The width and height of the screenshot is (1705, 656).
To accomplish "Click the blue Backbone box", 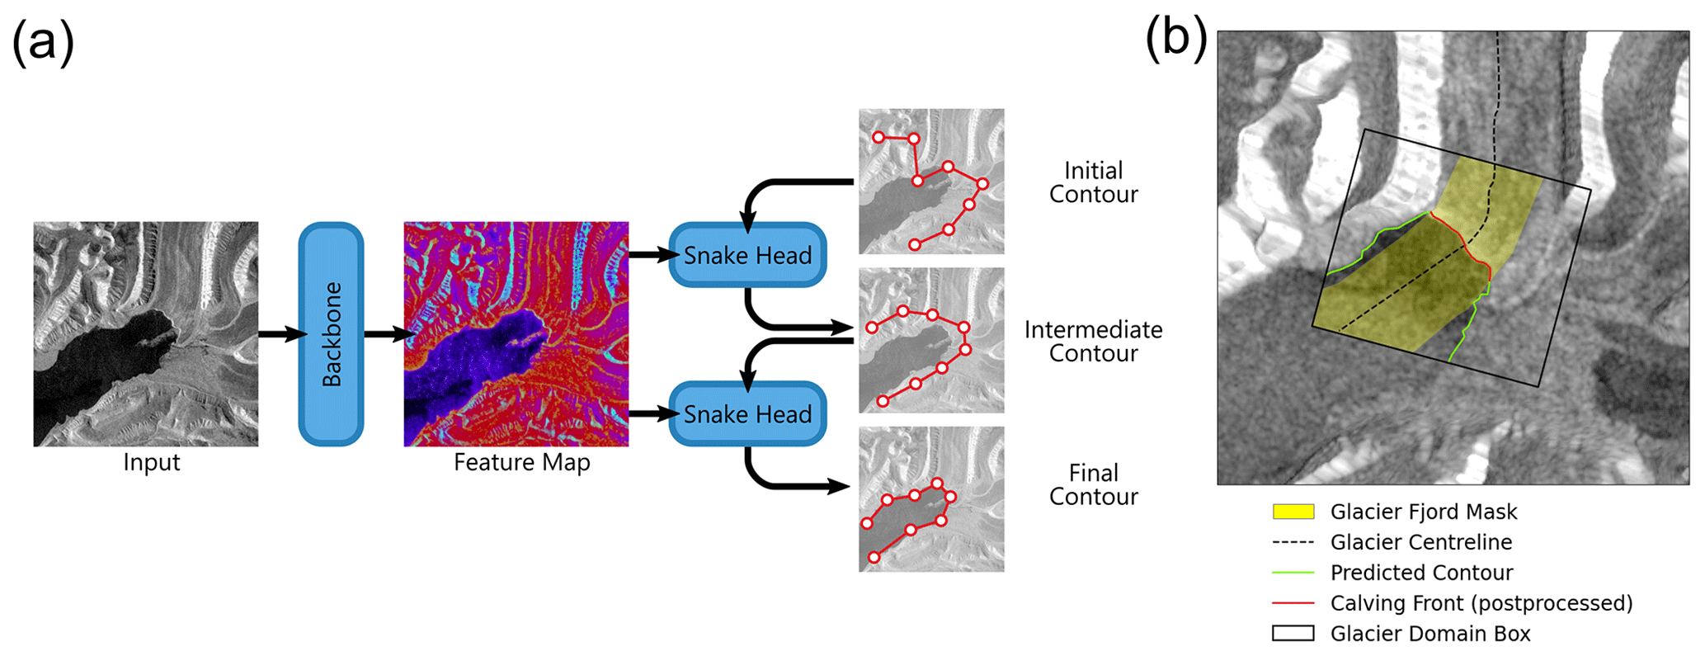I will (331, 334).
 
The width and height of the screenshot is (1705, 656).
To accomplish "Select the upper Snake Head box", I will (747, 256).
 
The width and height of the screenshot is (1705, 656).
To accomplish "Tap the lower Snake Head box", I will (747, 414).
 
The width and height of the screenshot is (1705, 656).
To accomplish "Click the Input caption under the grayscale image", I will (151, 462).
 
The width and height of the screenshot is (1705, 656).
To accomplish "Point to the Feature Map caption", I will (521, 462).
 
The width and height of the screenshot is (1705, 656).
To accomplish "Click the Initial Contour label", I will (1093, 182).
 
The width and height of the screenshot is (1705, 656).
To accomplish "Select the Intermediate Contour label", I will (1093, 342).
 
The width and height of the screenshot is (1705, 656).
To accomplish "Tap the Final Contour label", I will (1093, 484).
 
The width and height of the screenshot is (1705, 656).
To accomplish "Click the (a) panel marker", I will (43, 43).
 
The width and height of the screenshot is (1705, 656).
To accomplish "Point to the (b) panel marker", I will (1176, 39).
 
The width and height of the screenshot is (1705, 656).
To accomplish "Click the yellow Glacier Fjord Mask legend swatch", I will (1293, 512).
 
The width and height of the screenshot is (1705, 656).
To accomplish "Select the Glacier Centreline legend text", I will (1420, 542).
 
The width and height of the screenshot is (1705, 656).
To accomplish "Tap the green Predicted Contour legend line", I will (1293, 573).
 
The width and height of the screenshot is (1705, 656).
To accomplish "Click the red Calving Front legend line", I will (1293, 603).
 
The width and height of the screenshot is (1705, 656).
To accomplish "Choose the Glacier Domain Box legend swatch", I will (1293, 634).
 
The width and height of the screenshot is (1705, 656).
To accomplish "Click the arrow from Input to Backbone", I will (280, 334).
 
